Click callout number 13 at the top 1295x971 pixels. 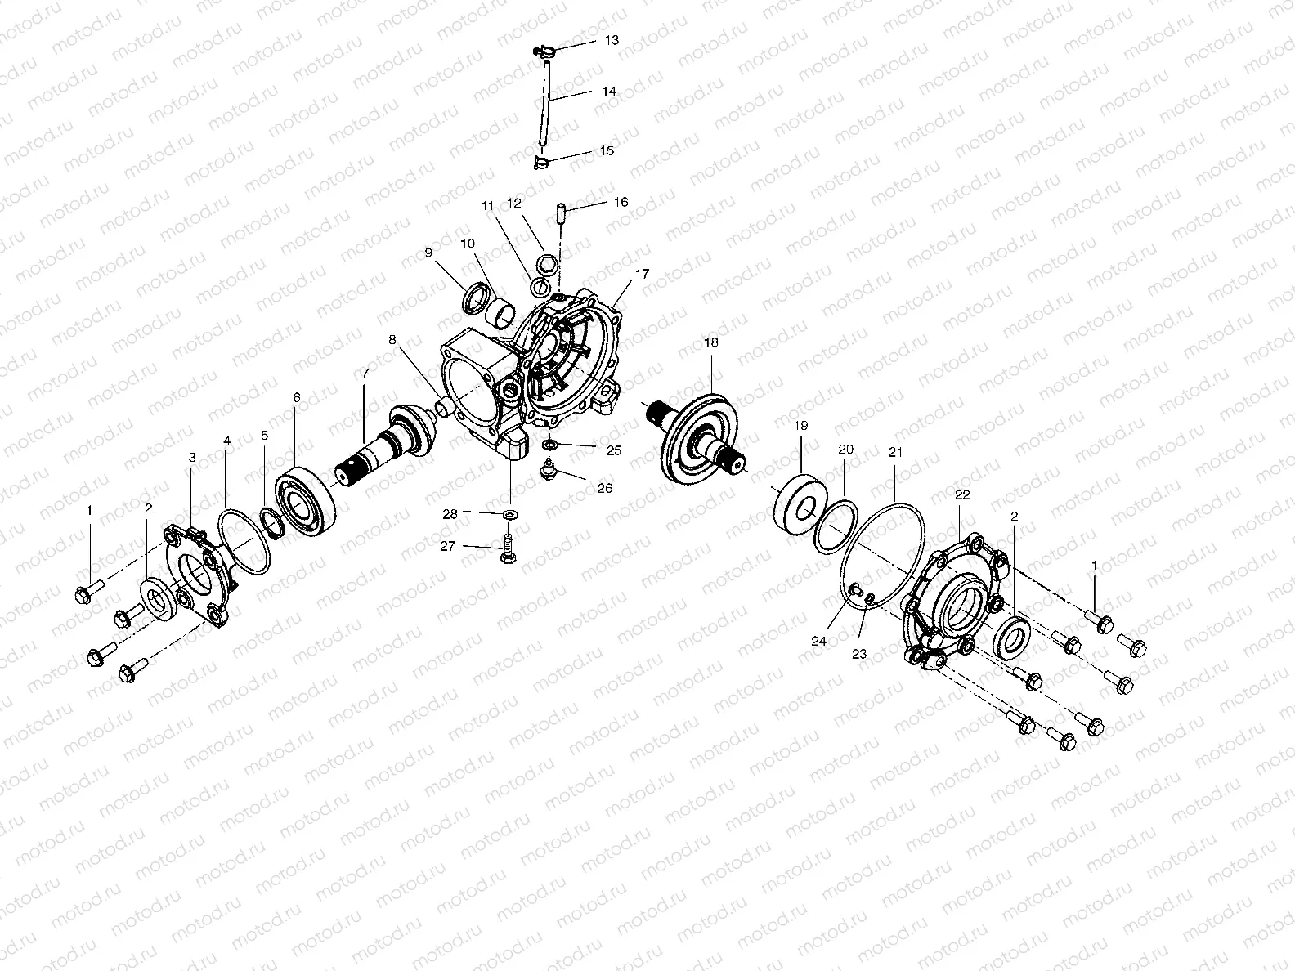click(x=612, y=40)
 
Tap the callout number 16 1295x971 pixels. click(x=621, y=201)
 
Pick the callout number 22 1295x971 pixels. click(x=962, y=494)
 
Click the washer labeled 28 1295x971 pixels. click(x=511, y=513)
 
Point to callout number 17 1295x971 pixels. click(x=642, y=274)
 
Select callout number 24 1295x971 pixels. click(x=819, y=642)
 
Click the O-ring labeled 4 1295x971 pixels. click(x=246, y=544)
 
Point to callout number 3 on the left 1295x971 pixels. click(x=192, y=459)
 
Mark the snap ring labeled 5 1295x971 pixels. click(x=271, y=522)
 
